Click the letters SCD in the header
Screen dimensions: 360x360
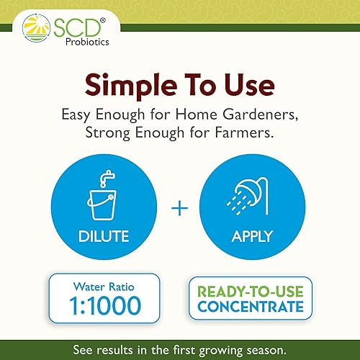[73, 27]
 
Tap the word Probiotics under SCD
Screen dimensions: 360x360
[77, 42]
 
